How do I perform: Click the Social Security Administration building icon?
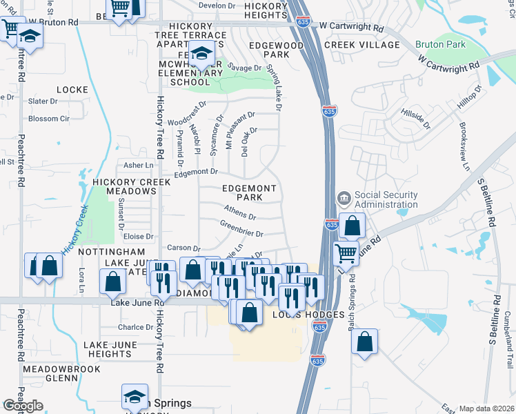[x=344, y=199]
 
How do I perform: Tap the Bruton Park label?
[x=440, y=45]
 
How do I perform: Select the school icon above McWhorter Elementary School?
[x=201, y=53]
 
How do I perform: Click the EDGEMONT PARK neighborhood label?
[x=250, y=193]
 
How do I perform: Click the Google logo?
[x=23, y=406]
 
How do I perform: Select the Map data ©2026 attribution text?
[x=486, y=408]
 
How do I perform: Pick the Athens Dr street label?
[x=239, y=212]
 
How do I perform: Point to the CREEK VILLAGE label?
[x=361, y=45]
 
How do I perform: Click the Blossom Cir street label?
[x=49, y=119]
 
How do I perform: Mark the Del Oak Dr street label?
[x=248, y=141]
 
